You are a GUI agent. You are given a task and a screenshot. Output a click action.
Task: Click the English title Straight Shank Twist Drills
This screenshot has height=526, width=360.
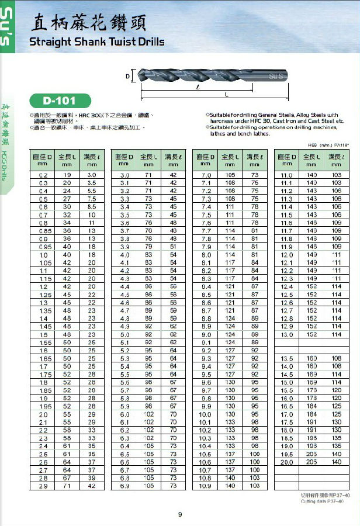click(x=96, y=42)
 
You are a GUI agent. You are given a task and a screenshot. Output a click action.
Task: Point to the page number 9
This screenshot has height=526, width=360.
click(x=180, y=514)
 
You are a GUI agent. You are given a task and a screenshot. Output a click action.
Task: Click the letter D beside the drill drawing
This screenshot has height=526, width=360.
click(x=127, y=75)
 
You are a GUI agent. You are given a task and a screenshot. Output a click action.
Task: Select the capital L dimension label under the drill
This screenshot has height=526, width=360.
click(x=226, y=94)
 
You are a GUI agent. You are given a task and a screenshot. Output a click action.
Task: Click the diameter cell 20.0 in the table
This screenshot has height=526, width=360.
click(x=287, y=462)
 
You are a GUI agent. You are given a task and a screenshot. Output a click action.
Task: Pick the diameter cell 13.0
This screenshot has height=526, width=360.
click(x=287, y=334)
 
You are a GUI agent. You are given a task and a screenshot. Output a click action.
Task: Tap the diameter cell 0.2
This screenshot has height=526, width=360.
click(x=43, y=175)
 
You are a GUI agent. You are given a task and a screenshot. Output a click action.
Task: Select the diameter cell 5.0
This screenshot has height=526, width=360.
click(x=124, y=334)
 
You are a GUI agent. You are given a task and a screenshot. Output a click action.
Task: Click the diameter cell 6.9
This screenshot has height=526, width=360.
click(x=124, y=486)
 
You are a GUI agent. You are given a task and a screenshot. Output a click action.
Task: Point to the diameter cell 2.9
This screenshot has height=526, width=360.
click(x=43, y=486)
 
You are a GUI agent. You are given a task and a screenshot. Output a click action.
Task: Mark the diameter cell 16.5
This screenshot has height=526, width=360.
click(x=287, y=406)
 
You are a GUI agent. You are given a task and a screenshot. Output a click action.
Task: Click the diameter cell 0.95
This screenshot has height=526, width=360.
click(x=43, y=247)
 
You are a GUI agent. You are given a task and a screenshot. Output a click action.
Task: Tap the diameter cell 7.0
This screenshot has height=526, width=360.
click(x=206, y=175)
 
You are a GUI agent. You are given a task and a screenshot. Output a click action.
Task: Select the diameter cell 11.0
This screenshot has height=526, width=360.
click(x=287, y=175)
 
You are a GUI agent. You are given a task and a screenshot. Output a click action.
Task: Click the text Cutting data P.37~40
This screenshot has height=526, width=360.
click(x=325, y=501)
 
